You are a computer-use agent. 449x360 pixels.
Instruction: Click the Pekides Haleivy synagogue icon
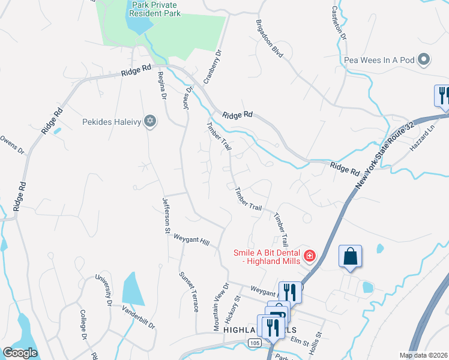coord(150,121)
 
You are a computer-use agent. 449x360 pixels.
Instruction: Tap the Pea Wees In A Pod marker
coord(424,59)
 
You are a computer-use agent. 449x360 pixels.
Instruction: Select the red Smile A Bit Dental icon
coord(310,256)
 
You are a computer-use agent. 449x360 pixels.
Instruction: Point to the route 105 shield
coord(252,342)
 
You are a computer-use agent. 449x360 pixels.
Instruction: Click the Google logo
coord(20,353)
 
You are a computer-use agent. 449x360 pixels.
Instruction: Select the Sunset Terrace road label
coord(189,292)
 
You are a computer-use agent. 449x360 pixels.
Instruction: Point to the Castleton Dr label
coord(340,23)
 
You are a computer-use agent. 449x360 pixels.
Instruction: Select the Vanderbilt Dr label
coord(139,317)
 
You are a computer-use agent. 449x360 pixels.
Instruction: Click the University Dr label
coord(103,290)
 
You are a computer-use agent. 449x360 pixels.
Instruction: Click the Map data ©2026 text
coord(424,355)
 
